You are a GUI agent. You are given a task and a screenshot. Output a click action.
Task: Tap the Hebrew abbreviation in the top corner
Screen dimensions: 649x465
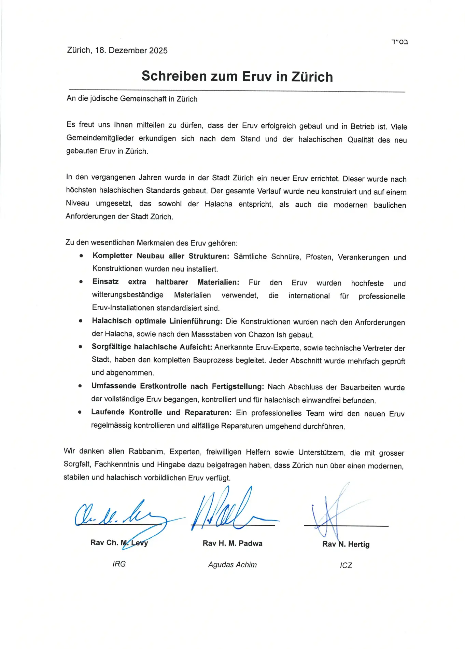(400, 42)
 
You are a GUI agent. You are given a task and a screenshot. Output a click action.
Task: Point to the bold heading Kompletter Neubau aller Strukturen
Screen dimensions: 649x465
(160, 256)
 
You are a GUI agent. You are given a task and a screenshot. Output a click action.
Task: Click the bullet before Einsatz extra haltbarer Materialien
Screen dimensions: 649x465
(81, 282)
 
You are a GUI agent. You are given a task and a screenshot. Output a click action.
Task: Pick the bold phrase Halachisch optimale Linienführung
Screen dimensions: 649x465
(157, 321)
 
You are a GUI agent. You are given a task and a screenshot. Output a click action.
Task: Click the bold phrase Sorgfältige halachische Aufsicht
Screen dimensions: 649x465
(152, 347)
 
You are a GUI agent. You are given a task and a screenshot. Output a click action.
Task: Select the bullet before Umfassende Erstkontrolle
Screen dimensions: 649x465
(80, 386)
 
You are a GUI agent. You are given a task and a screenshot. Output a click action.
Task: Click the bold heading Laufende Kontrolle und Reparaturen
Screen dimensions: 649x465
(161, 412)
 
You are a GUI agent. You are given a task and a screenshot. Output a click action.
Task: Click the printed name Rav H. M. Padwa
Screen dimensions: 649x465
(232, 543)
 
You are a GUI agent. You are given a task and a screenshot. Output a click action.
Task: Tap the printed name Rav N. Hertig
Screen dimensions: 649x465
(346, 544)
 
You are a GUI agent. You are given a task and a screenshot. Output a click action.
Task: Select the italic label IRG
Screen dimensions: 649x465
(119, 564)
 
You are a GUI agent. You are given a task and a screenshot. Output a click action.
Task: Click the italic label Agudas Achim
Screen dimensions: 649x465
(232, 565)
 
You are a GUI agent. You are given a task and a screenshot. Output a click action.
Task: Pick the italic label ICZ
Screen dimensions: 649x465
(346, 565)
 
